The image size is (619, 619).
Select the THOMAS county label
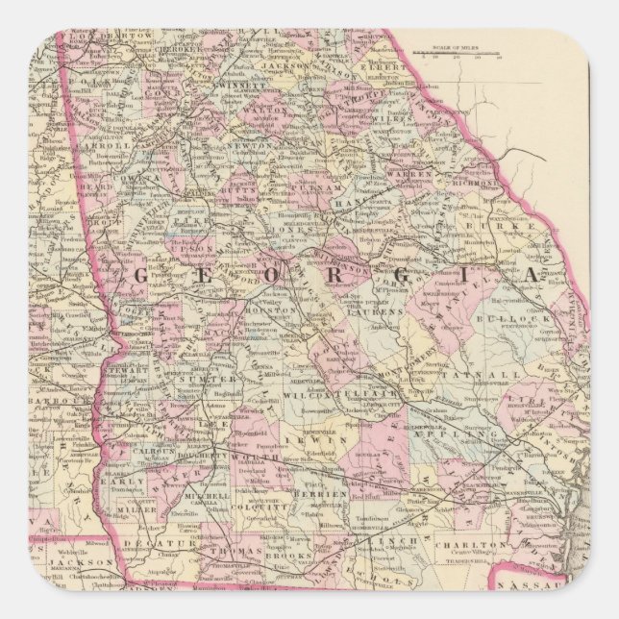coord(238,553)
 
